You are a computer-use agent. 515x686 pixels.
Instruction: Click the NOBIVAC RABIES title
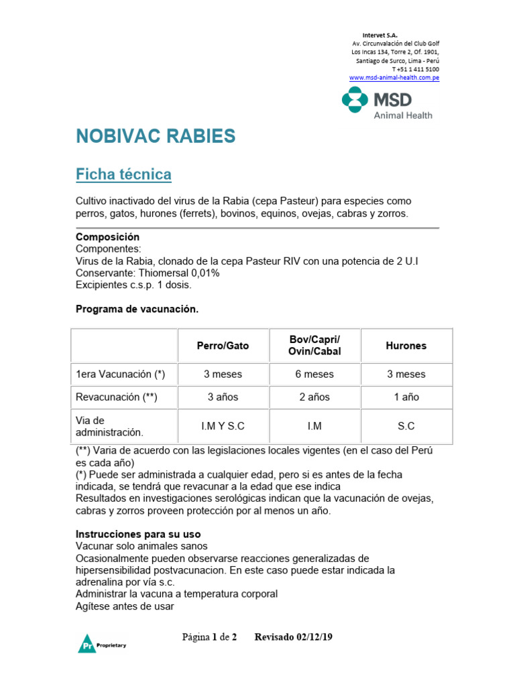(x=156, y=137)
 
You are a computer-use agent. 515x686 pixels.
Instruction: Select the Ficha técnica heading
(x=123, y=175)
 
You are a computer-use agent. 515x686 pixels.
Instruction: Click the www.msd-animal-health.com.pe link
(x=394, y=78)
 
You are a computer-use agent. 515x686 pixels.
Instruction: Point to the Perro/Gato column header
(x=223, y=346)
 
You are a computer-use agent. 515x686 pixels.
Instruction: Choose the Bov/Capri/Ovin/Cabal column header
(x=314, y=346)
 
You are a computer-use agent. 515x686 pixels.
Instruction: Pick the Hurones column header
(x=406, y=346)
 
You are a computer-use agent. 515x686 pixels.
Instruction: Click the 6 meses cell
(x=314, y=374)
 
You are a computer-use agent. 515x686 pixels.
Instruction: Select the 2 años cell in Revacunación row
(x=314, y=397)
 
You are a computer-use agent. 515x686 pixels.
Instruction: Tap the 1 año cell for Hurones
(x=406, y=397)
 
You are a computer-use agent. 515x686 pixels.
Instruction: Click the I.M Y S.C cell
(x=223, y=426)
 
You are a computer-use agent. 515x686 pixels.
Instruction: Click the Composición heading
(x=107, y=237)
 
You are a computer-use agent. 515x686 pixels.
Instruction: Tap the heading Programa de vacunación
(x=137, y=309)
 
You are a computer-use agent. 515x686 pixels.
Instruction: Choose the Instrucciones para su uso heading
(x=138, y=535)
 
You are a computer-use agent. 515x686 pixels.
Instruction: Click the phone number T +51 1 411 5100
(x=415, y=69)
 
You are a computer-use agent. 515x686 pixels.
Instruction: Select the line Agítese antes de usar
(x=125, y=606)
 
